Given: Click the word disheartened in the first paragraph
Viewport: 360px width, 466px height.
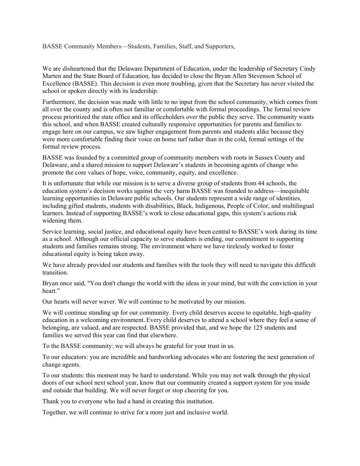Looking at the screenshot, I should (x=78, y=69).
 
